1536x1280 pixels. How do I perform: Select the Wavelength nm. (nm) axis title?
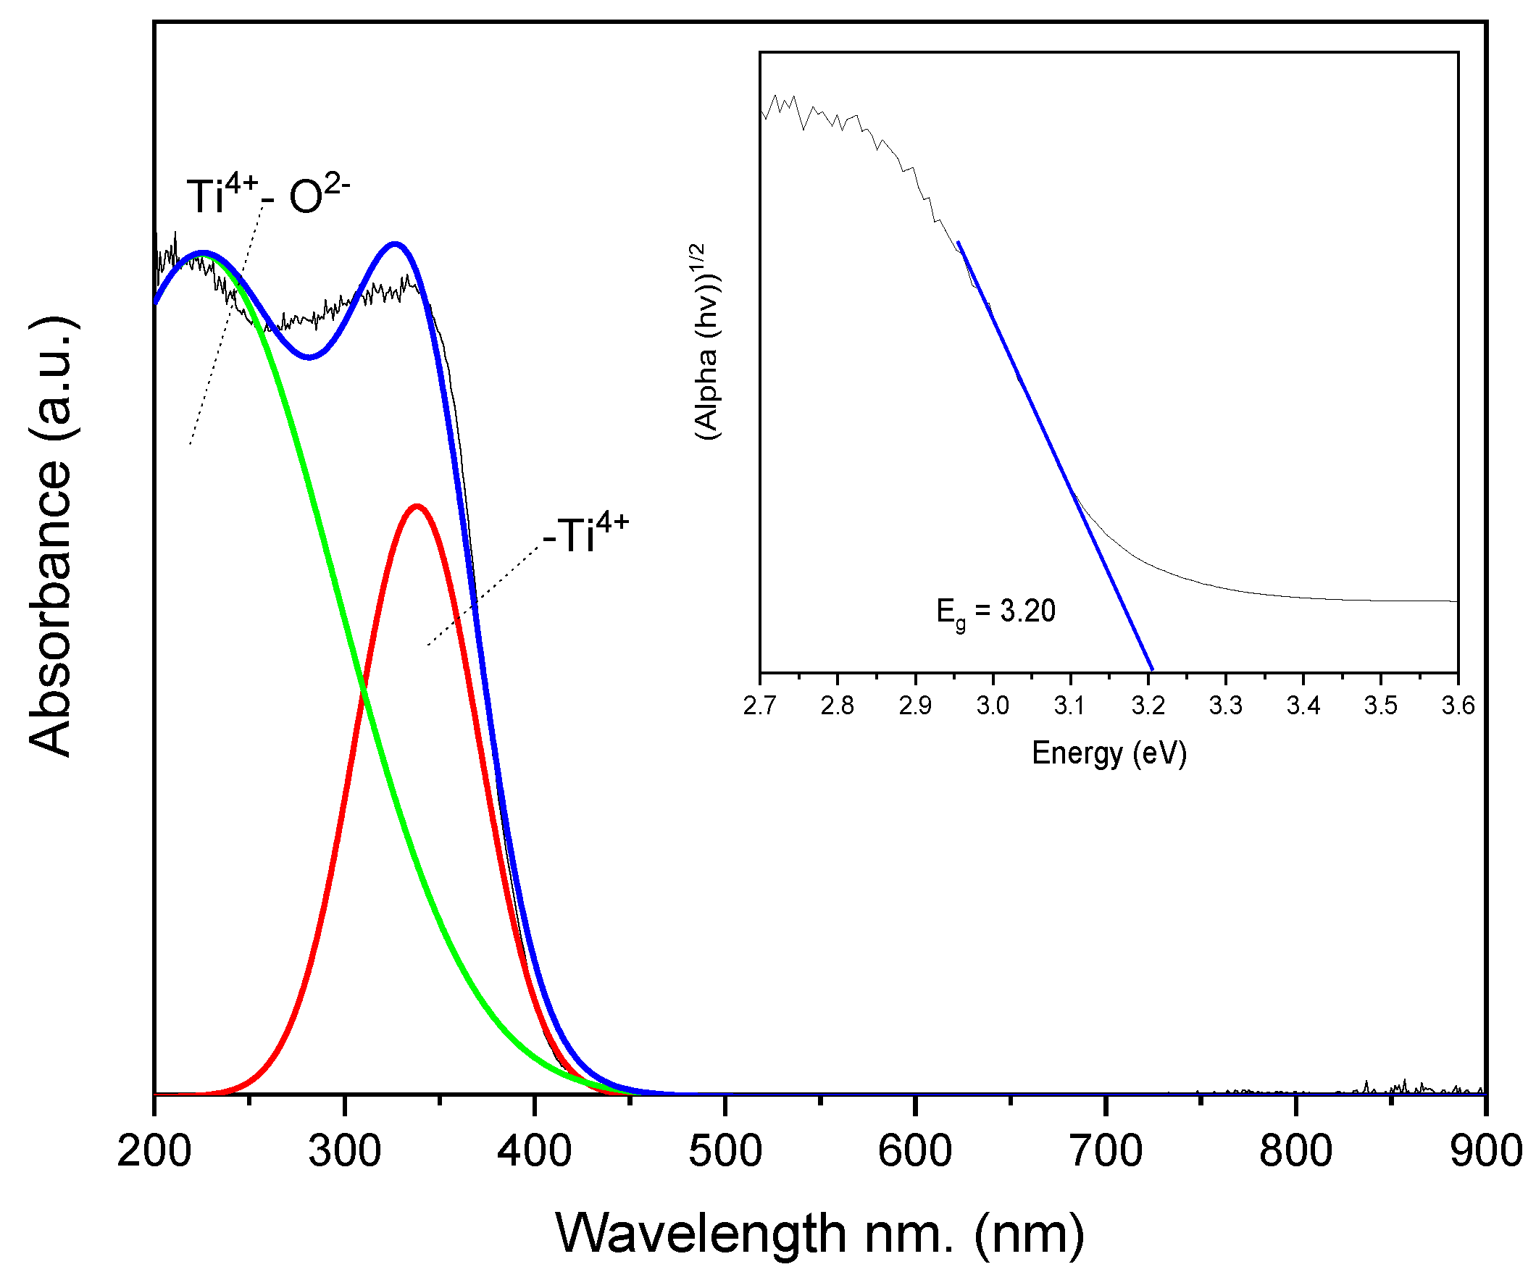[x=819, y=1233]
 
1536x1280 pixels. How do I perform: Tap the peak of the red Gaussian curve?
[x=417, y=506]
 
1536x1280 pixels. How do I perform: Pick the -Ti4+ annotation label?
[x=585, y=534]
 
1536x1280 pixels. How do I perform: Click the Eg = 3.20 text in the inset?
[x=996, y=611]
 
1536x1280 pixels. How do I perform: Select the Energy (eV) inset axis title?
[x=1109, y=753]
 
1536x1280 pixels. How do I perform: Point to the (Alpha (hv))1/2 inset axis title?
[x=707, y=342]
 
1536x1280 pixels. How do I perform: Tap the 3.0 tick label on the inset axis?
[x=993, y=706]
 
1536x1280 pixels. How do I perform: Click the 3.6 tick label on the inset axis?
[x=1458, y=706]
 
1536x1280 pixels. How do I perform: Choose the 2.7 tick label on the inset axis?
[x=760, y=706]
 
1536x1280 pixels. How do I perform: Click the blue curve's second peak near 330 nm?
[x=395, y=243]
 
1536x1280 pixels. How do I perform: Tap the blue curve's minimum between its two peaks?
[x=309, y=358]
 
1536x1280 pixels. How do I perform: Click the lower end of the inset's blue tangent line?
[x=1152, y=669]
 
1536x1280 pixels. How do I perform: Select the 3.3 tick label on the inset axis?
[x=1225, y=706]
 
